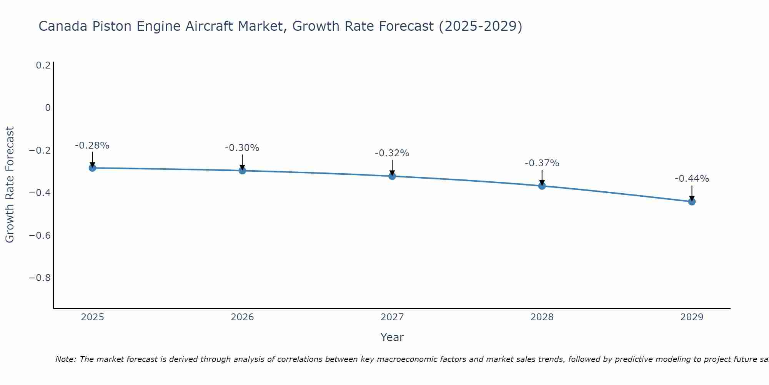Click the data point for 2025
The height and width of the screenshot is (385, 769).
[x=92, y=168]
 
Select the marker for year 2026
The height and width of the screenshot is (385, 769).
[x=242, y=170]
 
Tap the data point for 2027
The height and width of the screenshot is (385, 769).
[x=392, y=176]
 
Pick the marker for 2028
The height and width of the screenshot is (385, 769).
[x=542, y=186]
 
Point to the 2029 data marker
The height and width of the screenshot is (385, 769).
[x=692, y=201]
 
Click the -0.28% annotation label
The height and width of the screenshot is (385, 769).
[x=92, y=146]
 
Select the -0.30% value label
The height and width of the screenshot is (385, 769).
[x=242, y=148]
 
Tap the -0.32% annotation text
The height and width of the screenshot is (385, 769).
[x=392, y=153]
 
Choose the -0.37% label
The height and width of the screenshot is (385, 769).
[x=542, y=163]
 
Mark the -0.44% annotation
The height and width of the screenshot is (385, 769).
[x=692, y=179]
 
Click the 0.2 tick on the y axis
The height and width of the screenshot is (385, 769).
[x=43, y=65]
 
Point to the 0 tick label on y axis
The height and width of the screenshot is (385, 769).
[x=48, y=108]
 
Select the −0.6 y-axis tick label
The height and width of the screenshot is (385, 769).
[x=40, y=235]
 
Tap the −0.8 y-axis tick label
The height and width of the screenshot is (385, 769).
[x=40, y=278]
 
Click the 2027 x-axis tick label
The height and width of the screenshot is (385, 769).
[x=392, y=317]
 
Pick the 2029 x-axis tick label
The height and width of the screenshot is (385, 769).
[x=692, y=317]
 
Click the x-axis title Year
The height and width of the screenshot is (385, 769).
[x=392, y=337]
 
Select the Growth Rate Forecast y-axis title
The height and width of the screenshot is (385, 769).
[x=10, y=185]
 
